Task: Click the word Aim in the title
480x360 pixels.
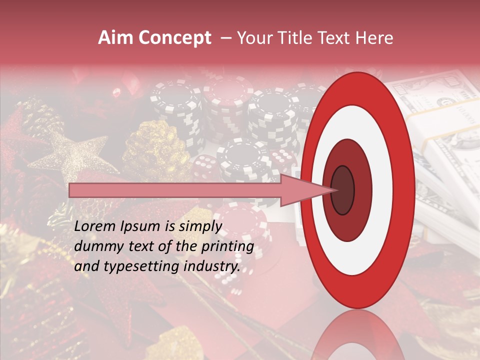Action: click(114, 38)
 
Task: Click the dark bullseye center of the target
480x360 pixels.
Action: click(343, 190)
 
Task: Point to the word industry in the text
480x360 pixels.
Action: click(212, 266)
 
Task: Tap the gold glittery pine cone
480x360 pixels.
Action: click(155, 150)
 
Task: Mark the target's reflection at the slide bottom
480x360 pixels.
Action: click(357, 337)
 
